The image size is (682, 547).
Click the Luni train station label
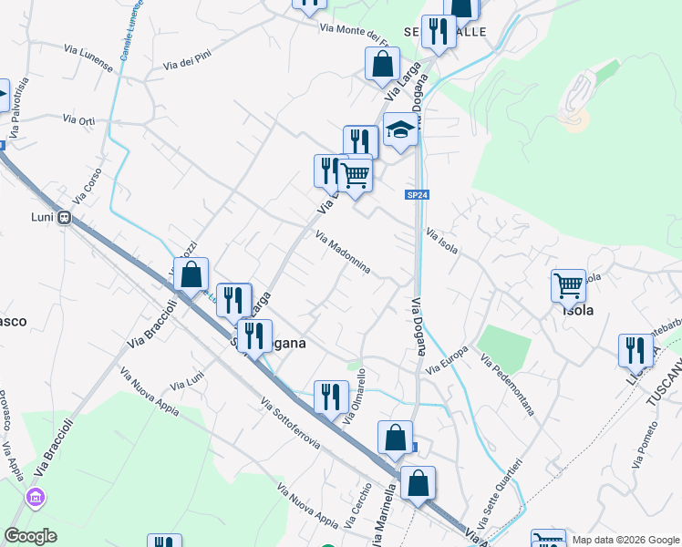pyautogui.click(x=40, y=218)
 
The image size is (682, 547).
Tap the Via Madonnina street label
pyautogui.click(x=343, y=253)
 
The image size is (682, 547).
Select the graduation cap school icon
pyautogui.click(x=399, y=129)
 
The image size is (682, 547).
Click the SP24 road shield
pyautogui.click(x=417, y=194)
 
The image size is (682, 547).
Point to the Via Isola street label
pyautogui.click(x=441, y=241)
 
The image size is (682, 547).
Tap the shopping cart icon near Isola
pyautogui.click(x=568, y=284)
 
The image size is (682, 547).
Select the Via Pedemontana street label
pyautogui.click(x=512, y=389)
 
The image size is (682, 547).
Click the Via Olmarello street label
pyautogui.click(x=356, y=396)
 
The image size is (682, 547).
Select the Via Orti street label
pyautogui.click(x=78, y=119)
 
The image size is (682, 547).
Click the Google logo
pyautogui.click(x=30, y=535)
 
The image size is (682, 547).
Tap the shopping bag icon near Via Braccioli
pyautogui.click(x=191, y=273)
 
